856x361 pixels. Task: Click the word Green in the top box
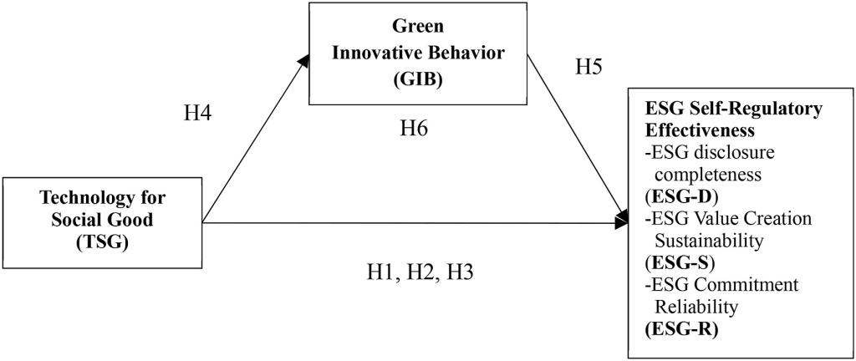pos(419,27)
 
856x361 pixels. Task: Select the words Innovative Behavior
pos(420,54)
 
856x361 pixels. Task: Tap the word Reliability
pos(696,308)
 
